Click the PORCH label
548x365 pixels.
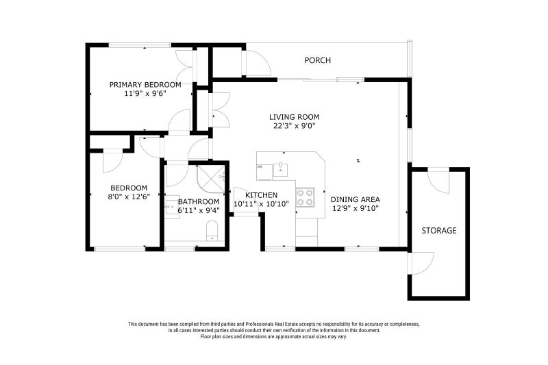pos(317,61)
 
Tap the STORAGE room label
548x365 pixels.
pos(438,231)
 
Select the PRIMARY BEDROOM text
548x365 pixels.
pos(145,85)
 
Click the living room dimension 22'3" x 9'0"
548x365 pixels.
pos(294,126)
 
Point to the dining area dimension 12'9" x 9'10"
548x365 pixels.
pos(356,209)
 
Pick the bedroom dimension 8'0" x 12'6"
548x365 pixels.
pos(129,197)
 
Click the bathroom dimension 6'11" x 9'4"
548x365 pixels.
pos(199,211)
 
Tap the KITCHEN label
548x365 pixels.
pos(261,195)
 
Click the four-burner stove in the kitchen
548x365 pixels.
pos(306,197)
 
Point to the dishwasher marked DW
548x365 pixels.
pos(261,167)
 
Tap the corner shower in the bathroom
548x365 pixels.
pos(211,176)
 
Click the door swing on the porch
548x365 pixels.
pos(257,64)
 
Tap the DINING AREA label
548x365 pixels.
pos(356,199)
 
